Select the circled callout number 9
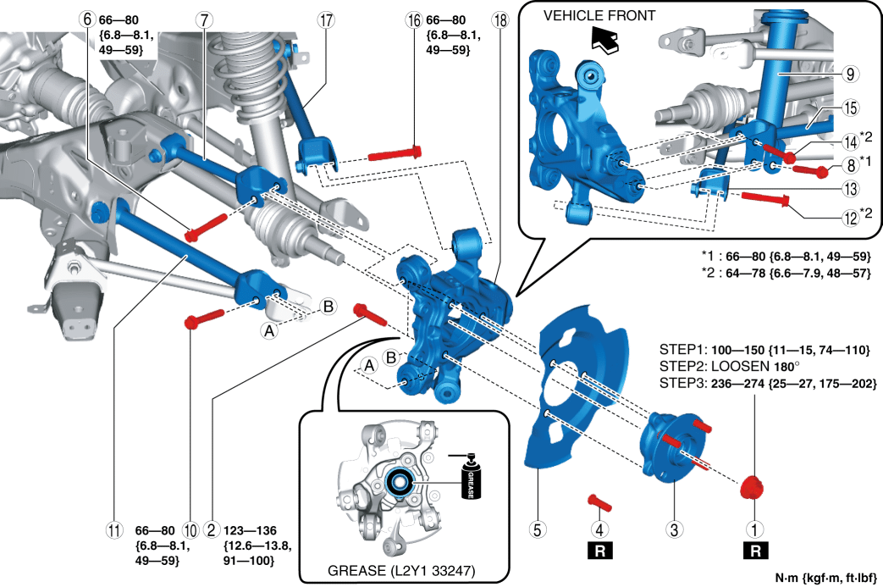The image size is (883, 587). [x=850, y=75]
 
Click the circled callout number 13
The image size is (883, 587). [x=850, y=189]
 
